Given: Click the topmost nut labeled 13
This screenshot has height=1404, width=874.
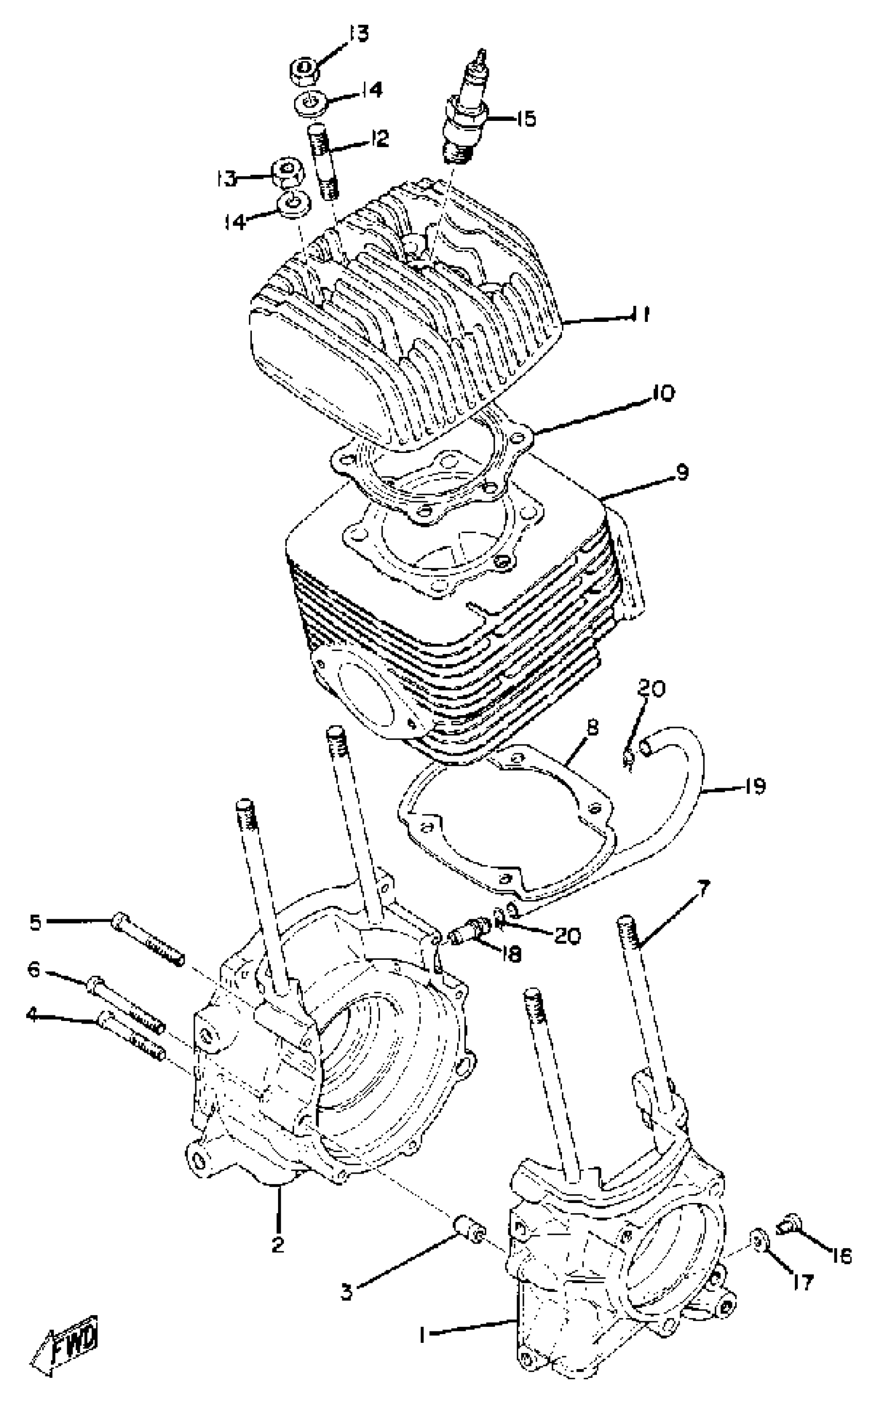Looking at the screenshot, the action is coord(301,71).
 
